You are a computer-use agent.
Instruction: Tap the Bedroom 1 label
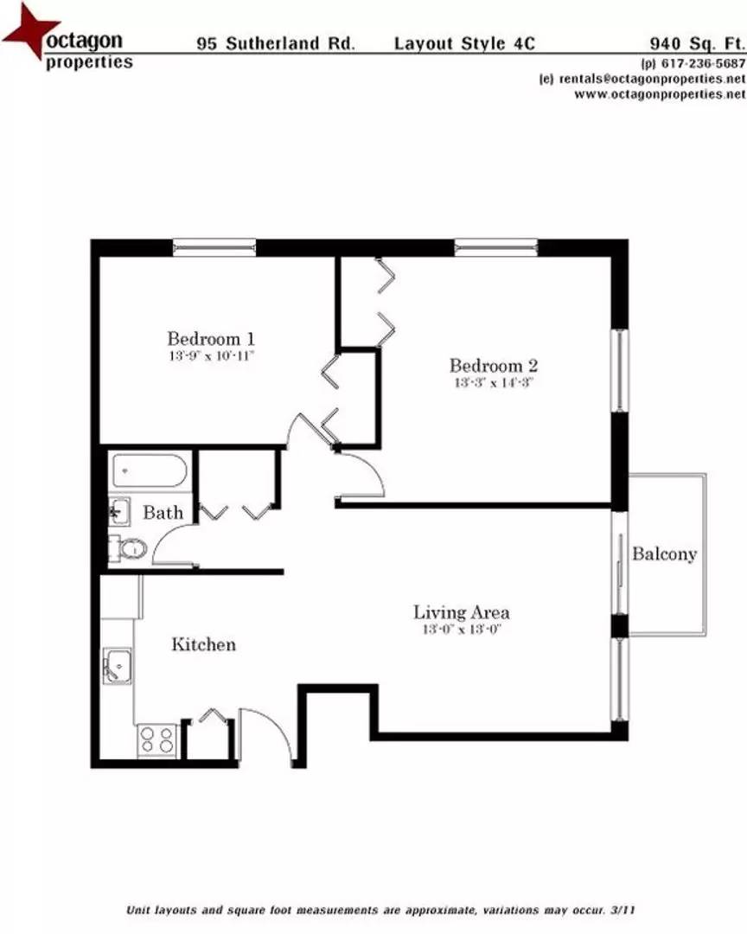click(x=210, y=338)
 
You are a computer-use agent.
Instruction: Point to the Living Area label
click(x=461, y=613)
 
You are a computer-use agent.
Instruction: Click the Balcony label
click(x=664, y=554)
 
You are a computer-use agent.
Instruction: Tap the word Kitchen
click(x=203, y=644)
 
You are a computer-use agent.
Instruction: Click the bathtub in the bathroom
click(x=149, y=471)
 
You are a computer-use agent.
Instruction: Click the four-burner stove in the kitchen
click(x=157, y=740)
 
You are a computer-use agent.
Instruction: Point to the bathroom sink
click(x=118, y=511)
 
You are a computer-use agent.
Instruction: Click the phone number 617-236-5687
click(x=692, y=63)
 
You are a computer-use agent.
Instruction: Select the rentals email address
click(x=651, y=79)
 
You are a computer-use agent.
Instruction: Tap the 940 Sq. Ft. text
click(x=697, y=42)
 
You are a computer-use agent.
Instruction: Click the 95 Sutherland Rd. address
click(x=275, y=42)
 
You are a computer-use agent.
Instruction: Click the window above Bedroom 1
click(x=214, y=247)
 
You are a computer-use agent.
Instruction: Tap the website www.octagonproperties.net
click(x=659, y=93)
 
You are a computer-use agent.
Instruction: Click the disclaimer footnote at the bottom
click(x=381, y=911)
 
